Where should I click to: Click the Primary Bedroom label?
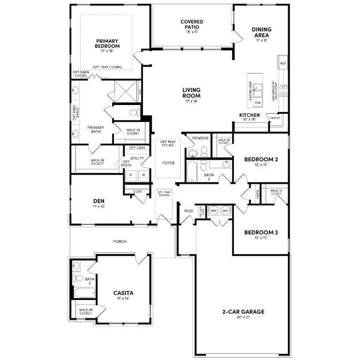pos(107,44)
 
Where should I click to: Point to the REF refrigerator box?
pos(283,63)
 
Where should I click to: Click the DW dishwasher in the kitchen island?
pos(258,102)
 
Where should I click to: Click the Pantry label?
pos(275,118)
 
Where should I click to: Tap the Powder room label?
pos(200,137)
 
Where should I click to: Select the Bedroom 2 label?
pos(261,159)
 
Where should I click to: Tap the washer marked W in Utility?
pos(143,175)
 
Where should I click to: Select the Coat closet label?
pos(137,191)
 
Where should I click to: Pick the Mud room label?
pos(188,211)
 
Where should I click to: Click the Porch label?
pos(119,241)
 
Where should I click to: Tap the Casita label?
pos(123,293)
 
